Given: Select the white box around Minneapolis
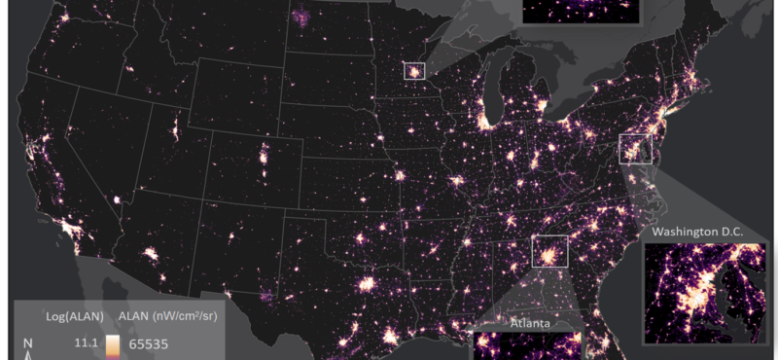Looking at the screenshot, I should point(415,71).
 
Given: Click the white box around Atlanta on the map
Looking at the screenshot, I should point(549,250).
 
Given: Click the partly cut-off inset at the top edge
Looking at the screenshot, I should point(582,11).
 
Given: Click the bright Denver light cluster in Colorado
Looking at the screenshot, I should point(264,155).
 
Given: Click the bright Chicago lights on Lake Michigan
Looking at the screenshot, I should point(483,122).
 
